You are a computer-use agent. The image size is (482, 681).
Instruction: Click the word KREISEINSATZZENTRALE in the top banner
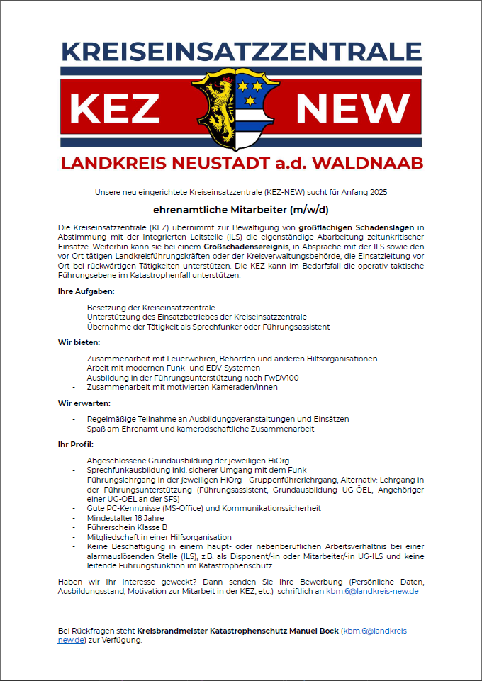(x=241, y=52)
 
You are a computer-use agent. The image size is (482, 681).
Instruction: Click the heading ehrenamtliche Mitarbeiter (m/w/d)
(x=241, y=210)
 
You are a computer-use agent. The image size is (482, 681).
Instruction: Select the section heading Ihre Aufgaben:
(x=86, y=291)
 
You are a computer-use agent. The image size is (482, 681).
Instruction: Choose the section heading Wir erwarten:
(x=84, y=403)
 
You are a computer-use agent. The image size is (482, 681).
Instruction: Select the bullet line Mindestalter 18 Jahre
(x=126, y=518)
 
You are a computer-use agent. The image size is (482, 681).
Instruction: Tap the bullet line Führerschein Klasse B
(x=127, y=527)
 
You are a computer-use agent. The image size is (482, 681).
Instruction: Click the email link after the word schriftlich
(x=372, y=590)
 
